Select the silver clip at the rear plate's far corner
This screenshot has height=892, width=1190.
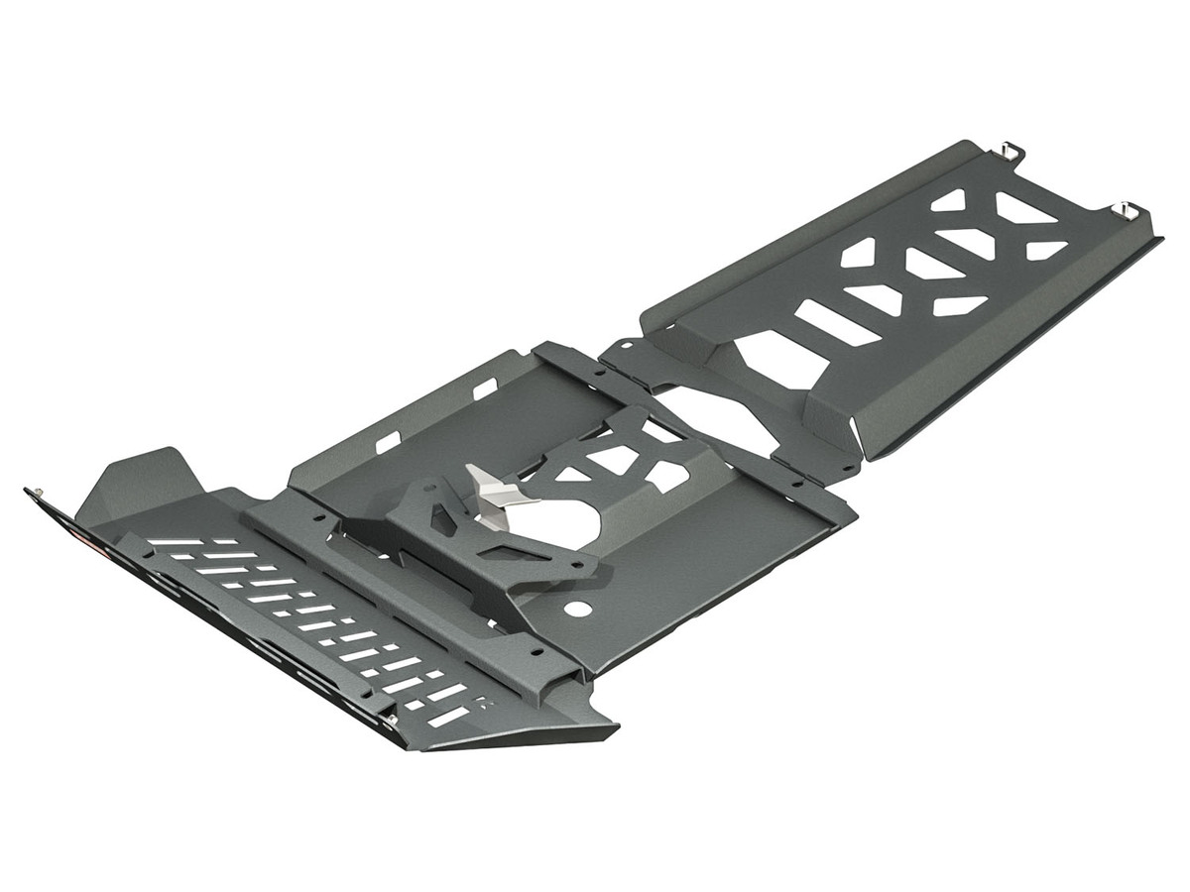click(1130, 209)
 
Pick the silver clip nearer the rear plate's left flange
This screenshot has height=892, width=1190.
click(1009, 150)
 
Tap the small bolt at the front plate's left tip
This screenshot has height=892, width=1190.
click(37, 491)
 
